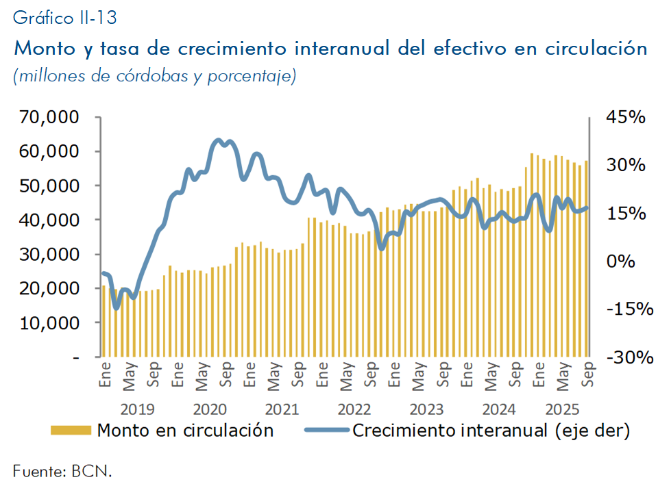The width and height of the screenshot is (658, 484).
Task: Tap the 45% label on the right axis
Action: coord(626,117)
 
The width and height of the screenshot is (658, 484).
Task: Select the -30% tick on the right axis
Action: coord(626,357)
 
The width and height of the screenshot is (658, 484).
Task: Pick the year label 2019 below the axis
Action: coord(137,409)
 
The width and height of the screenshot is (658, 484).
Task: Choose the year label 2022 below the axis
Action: coord(354,409)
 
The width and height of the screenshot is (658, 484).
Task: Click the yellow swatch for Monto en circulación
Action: coord(71,431)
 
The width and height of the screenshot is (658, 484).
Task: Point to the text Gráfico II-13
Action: coord(64,18)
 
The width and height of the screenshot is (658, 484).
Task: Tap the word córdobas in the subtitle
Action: coord(141,75)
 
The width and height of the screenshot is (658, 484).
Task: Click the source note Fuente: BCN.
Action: coord(62,470)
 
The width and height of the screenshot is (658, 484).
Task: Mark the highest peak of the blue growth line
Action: coord(219,140)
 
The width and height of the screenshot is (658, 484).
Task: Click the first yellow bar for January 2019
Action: coord(103,321)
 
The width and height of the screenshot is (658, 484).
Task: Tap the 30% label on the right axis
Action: coord(626,165)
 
